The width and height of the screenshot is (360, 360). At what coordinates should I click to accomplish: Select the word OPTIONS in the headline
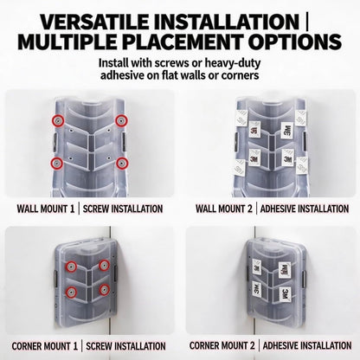(x=295, y=42)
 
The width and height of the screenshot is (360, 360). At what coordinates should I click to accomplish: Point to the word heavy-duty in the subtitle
(x=228, y=63)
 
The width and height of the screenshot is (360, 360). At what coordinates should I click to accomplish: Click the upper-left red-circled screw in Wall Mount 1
(x=58, y=120)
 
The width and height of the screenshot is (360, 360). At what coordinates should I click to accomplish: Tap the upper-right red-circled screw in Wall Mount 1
(x=121, y=120)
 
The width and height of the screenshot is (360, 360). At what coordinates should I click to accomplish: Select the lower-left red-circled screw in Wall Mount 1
(x=57, y=164)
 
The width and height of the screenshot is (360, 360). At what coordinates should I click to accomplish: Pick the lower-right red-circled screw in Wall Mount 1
(x=122, y=163)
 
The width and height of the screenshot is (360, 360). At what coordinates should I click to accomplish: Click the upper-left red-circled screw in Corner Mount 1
(x=71, y=267)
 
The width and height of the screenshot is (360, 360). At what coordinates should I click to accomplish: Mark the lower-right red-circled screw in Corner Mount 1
(x=104, y=290)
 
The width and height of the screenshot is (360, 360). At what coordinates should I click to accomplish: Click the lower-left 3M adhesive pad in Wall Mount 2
(x=254, y=158)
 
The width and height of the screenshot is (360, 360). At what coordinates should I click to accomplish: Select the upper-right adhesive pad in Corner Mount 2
(x=284, y=270)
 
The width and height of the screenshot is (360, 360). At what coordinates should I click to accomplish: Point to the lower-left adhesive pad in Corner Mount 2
(x=257, y=289)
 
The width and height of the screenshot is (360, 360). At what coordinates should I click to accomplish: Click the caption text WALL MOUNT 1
(x=46, y=209)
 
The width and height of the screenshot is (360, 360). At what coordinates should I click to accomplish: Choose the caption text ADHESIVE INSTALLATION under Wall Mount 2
(x=305, y=209)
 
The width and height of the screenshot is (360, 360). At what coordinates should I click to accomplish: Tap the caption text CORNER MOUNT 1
(x=45, y=346)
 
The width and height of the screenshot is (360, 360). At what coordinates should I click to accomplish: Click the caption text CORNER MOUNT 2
(x=222, y=345)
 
